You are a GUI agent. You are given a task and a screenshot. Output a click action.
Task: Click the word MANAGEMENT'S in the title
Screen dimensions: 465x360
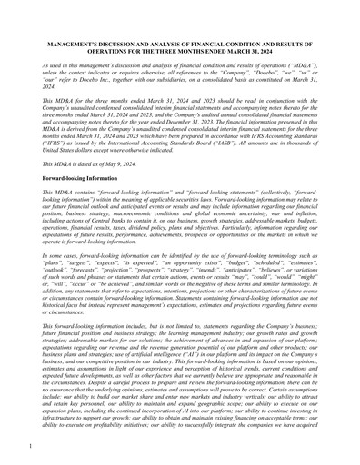point(75,68)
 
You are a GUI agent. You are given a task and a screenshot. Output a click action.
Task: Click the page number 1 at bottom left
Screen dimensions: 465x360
point(31,446)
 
